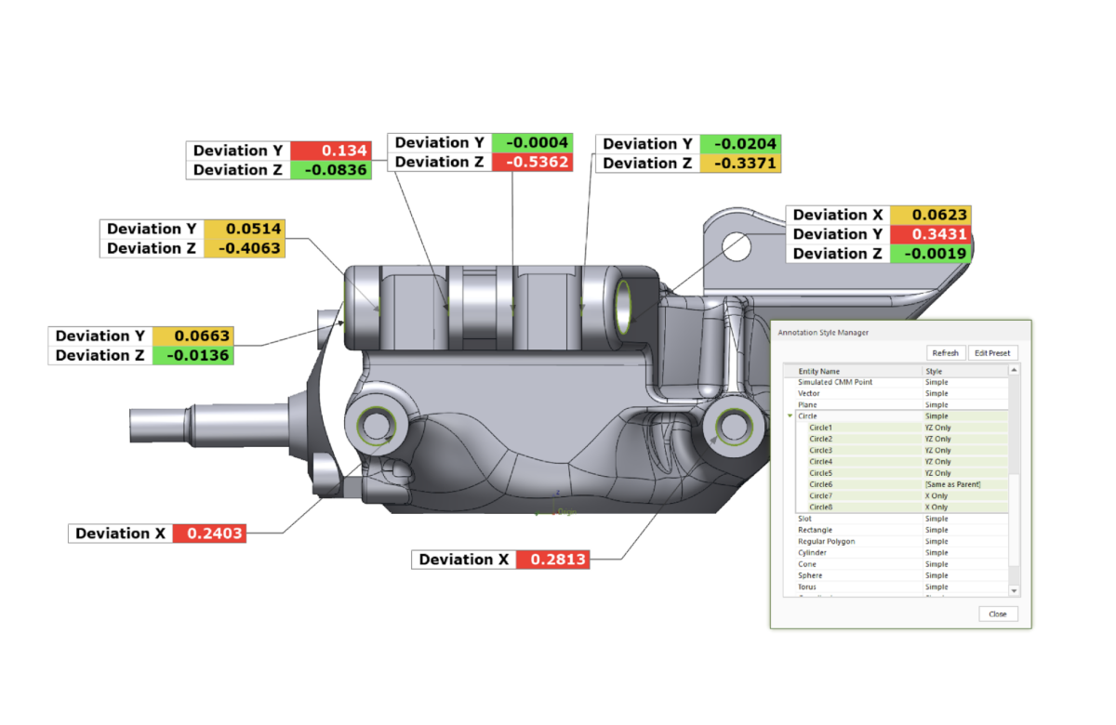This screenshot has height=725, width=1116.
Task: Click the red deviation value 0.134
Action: click(331, 151)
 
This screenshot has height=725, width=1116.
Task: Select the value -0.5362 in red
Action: click(532, 162)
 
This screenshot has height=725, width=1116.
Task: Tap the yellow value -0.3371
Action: click(740, 164)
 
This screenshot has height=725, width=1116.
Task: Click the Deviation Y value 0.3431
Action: click(930, 234)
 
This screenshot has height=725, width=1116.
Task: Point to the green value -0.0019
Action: click(930, 254)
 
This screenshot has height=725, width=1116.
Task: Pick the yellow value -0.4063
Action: click(243, 248)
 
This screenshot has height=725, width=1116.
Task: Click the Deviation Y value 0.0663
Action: click(192, 336)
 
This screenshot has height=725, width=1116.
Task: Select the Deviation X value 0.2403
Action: click(208, 534)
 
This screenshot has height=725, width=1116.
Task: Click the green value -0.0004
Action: click(532, 142)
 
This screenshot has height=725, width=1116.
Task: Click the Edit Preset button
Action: click(992, 353)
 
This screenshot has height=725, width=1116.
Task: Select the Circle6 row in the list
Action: click(820, 484)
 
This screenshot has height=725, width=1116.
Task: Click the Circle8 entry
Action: click(820, 507)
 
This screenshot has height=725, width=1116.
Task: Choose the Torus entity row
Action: click(807, 587)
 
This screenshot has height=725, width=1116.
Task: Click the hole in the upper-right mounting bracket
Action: click(736, 247)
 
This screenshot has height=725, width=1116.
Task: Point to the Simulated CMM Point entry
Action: click(834, 382)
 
